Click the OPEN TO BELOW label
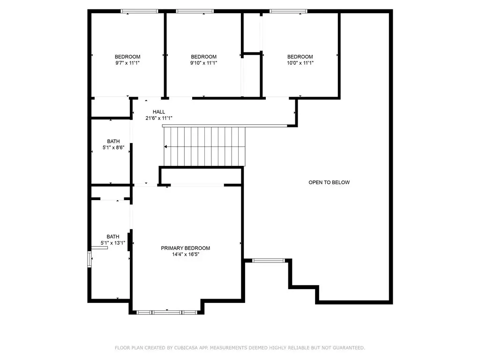329,182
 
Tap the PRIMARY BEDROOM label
186,248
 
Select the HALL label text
159,112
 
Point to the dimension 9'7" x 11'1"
127,63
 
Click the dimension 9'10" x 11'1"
203,63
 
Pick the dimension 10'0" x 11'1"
300,63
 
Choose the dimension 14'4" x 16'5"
186,255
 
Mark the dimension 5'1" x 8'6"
113,148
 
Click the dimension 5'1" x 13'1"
113,243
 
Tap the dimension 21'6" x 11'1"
159,118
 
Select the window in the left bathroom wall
90,259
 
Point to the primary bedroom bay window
167,313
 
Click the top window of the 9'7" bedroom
139,11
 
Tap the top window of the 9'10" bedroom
195,11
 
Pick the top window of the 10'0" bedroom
288,11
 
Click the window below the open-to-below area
269,261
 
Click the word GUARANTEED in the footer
349,348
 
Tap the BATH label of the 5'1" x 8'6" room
113,142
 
